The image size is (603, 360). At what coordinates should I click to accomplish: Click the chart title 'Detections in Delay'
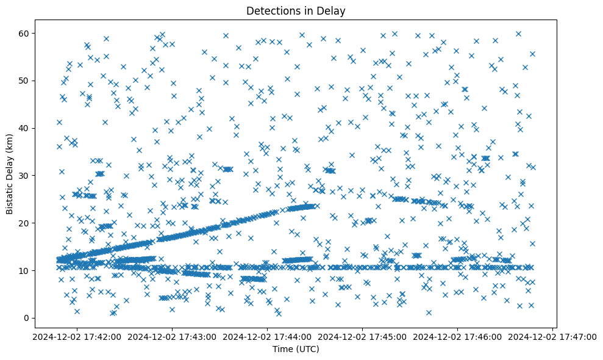(294, 11)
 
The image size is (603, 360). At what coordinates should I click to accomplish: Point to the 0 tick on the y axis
(26, 318)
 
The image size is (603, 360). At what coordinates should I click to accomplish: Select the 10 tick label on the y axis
(24, 270)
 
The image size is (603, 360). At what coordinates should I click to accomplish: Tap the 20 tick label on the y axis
(24, 223)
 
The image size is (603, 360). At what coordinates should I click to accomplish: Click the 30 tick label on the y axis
(24, 176)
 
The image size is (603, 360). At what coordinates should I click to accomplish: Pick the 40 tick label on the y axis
(24, 128)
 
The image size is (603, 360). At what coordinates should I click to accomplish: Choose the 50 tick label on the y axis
(24, 81)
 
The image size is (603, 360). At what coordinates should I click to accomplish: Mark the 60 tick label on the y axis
(24, 33)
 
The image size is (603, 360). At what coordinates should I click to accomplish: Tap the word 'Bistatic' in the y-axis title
(10, 195)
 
